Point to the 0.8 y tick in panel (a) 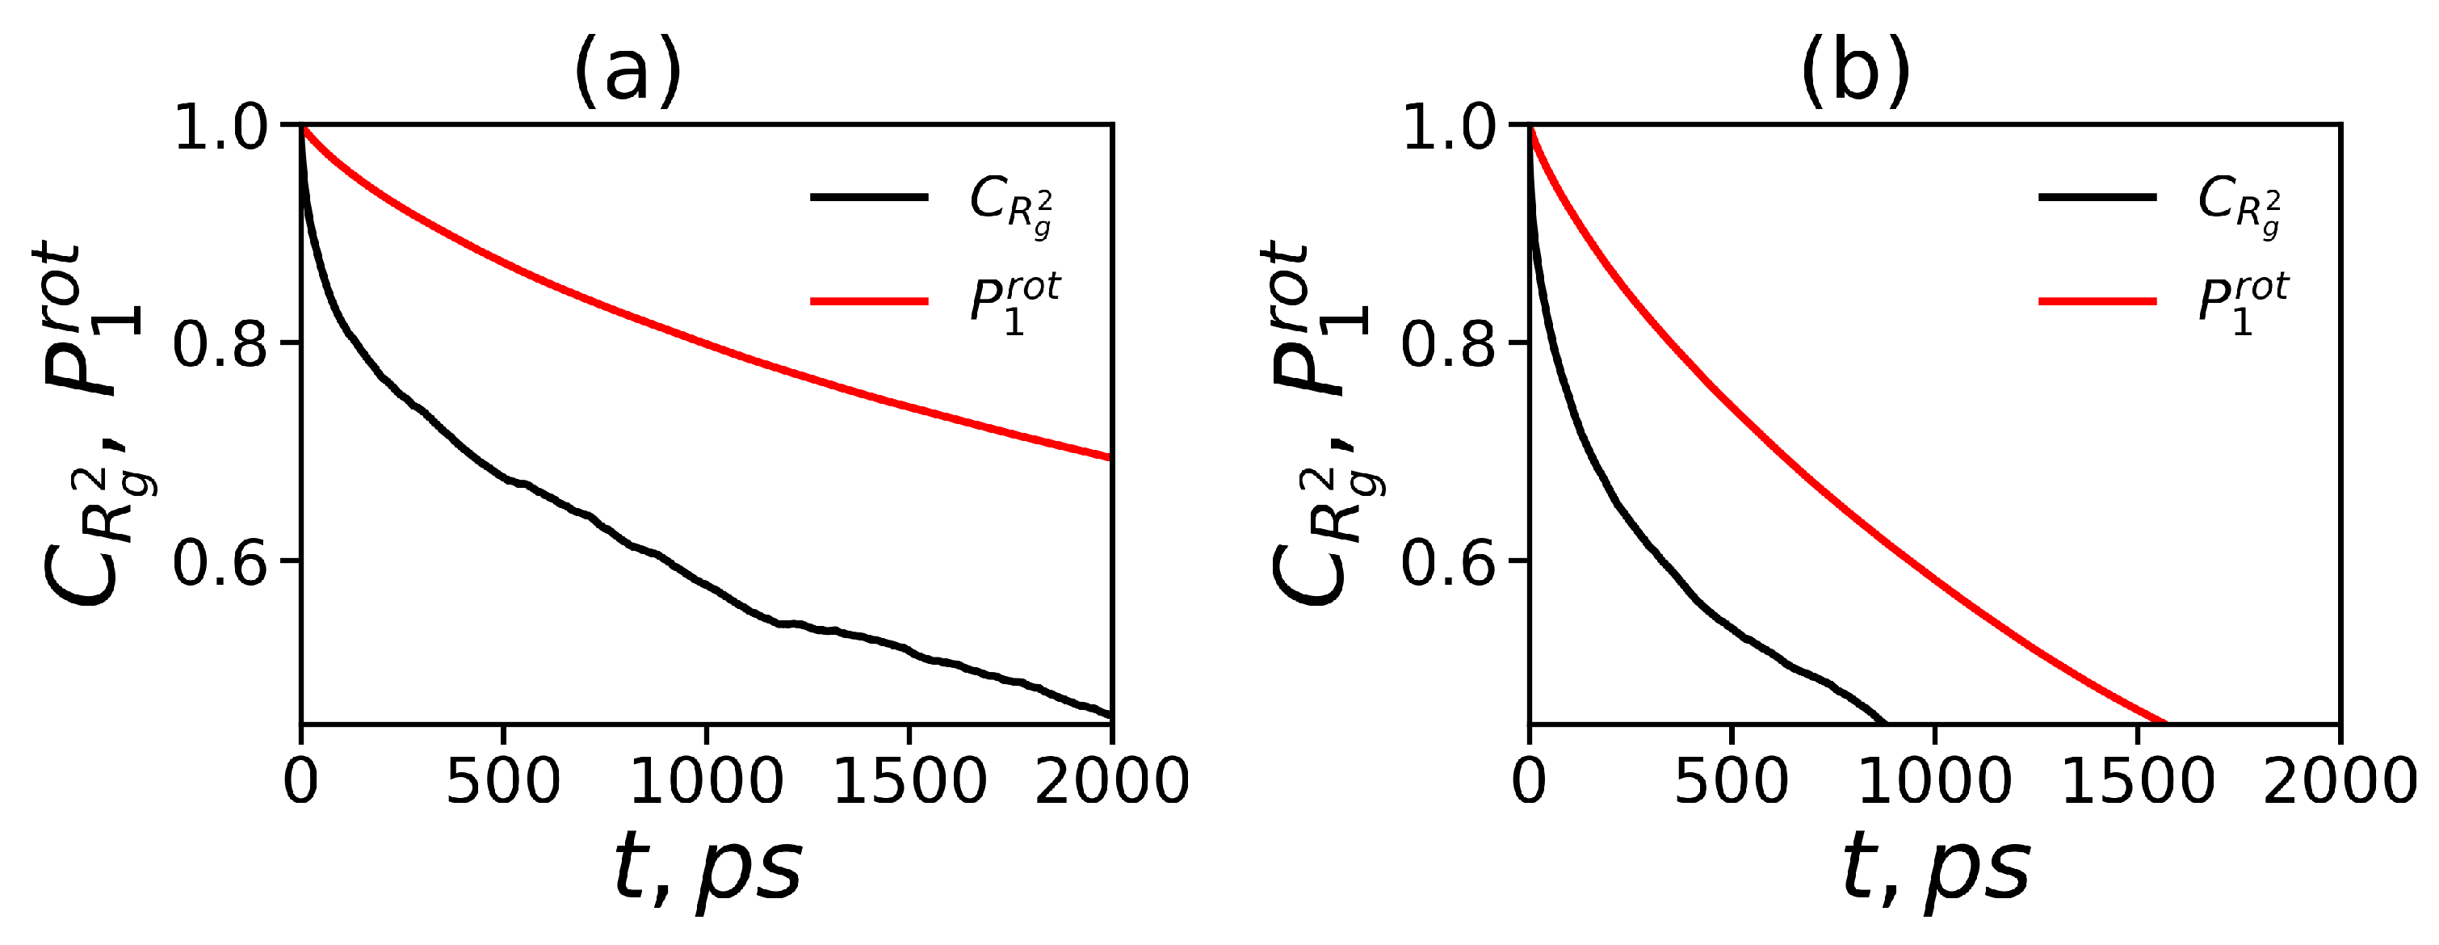[x=221, y=342]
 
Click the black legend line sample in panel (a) [x=869, y=197]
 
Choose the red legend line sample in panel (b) [x=2097, y=301]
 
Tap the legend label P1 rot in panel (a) [x=1013, y=303]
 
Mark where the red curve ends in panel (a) [x=1110, y=458]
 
